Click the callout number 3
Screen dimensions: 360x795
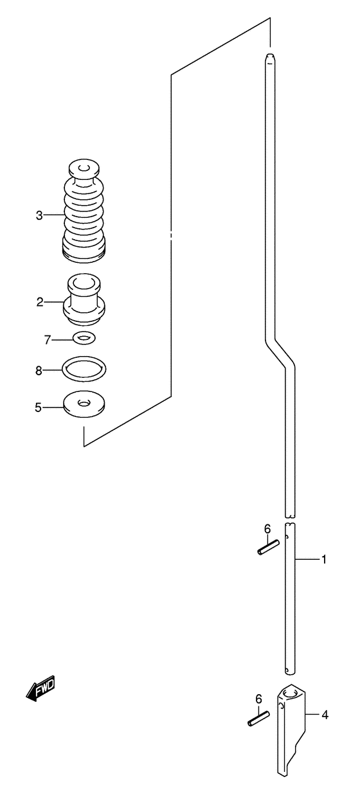[39, 215]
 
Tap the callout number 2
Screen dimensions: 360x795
[40, 303]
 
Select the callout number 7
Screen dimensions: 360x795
[48, 340]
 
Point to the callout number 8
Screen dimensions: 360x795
[39, 371]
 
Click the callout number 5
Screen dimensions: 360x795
[39, 407]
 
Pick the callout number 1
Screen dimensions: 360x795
[323, 560]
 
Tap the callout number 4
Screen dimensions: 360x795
[325, 715]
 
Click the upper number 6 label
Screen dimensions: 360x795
[267, 529]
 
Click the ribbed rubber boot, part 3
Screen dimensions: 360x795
[84, 211]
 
